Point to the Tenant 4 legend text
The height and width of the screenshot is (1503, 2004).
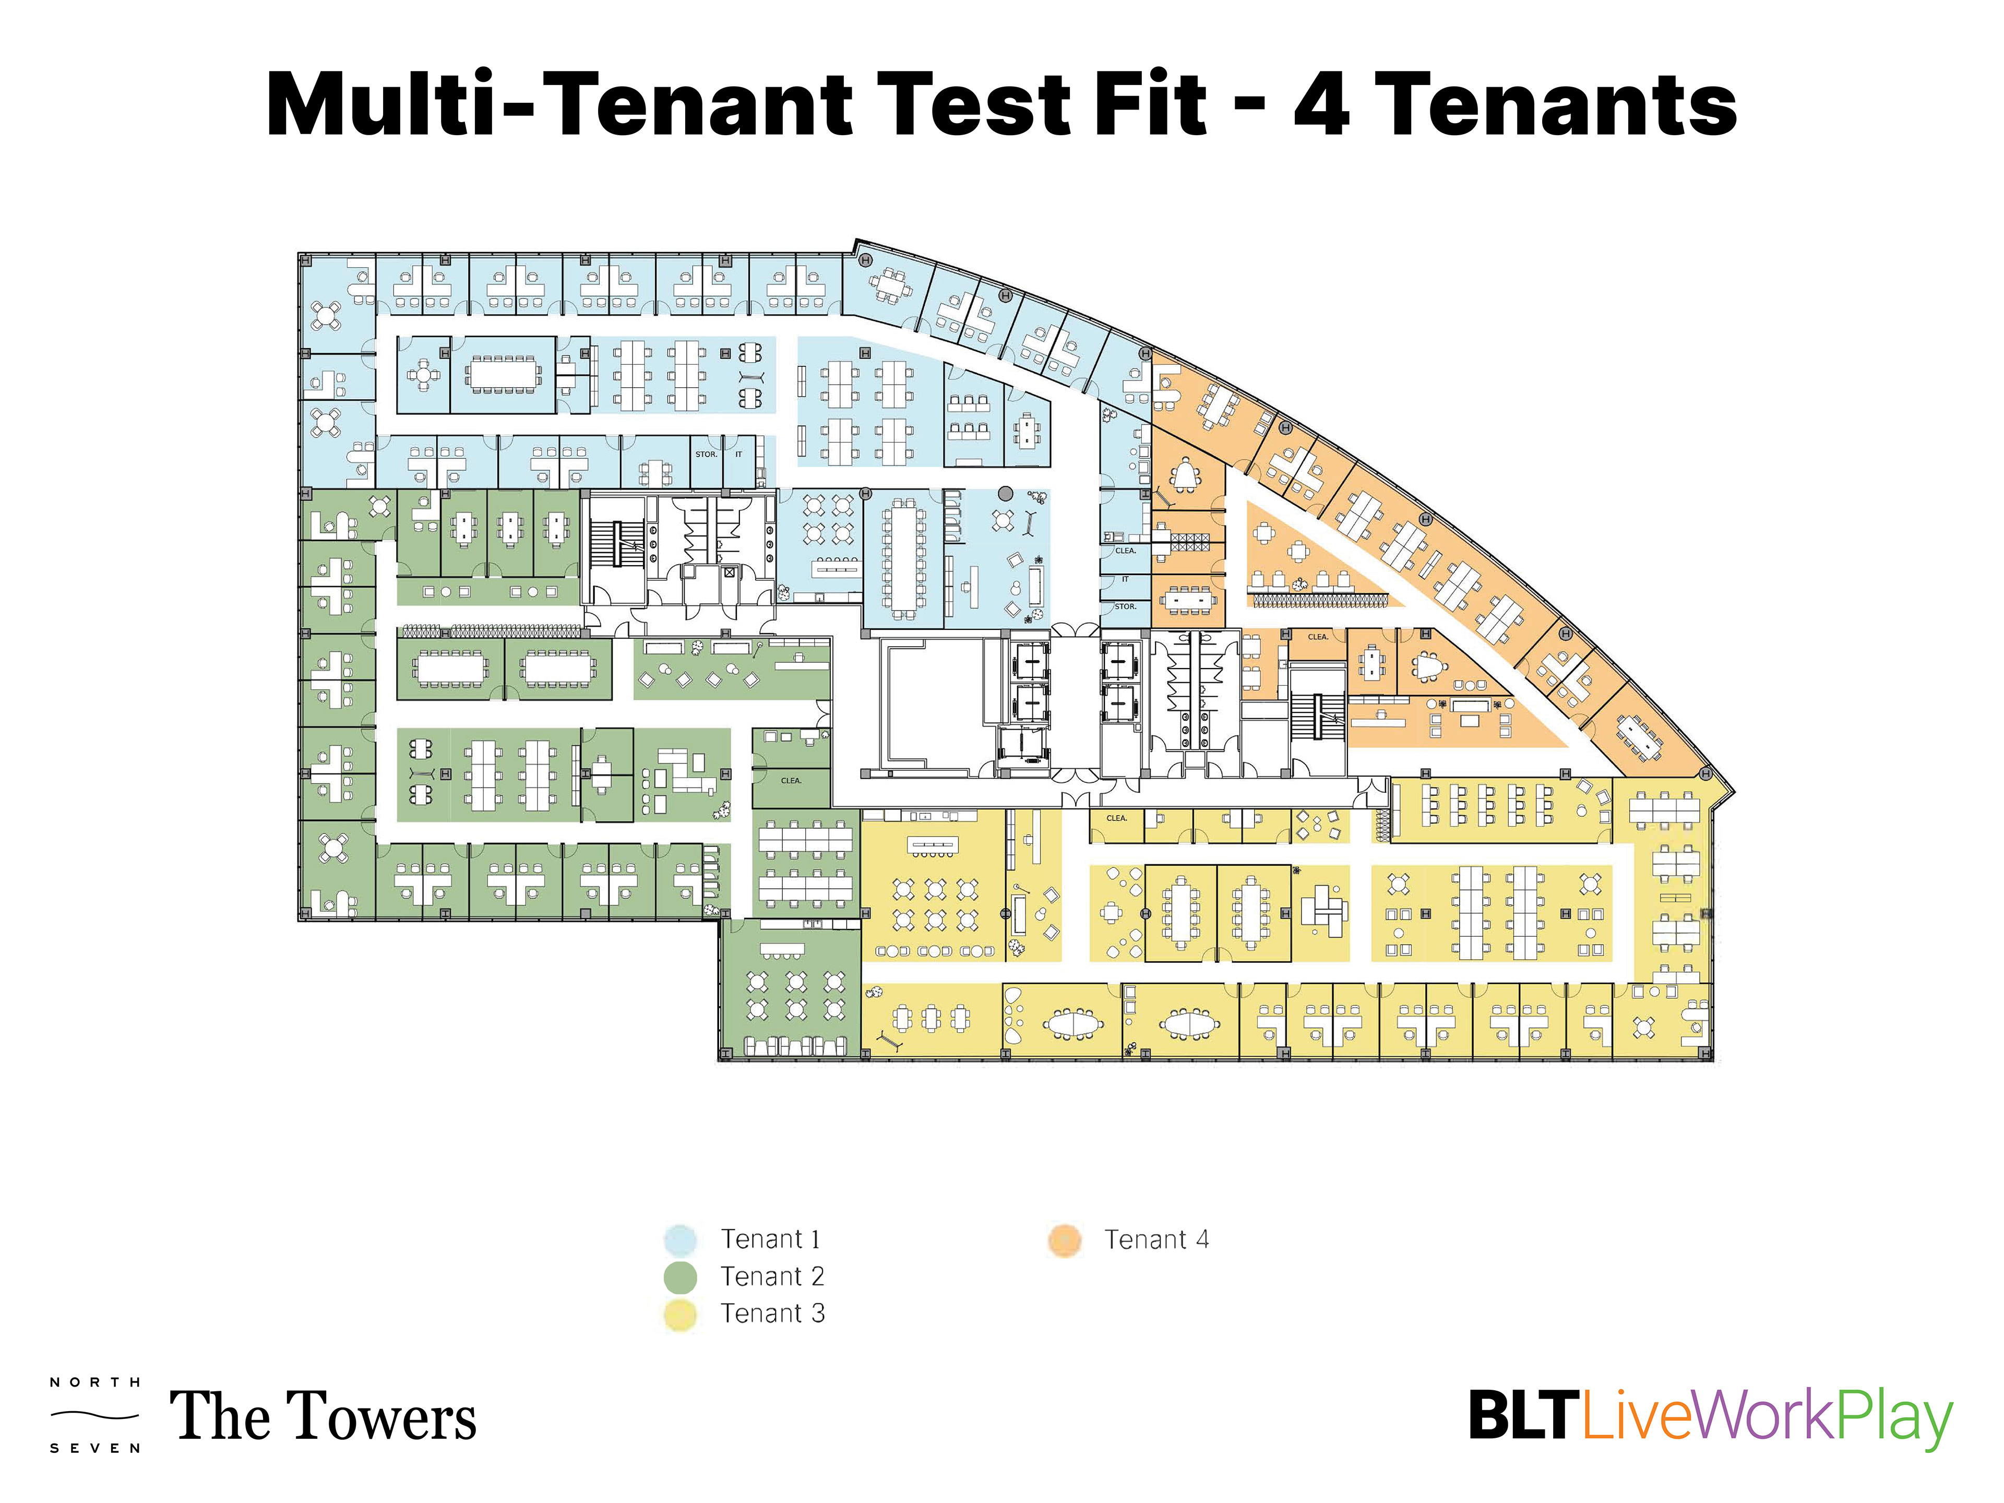1156,1239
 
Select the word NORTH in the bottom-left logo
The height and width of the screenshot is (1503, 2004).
95,1382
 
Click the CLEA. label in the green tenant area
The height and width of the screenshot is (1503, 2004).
791,780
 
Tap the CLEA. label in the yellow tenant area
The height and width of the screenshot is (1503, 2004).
1116,818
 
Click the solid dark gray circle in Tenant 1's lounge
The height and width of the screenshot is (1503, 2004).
1005,494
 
